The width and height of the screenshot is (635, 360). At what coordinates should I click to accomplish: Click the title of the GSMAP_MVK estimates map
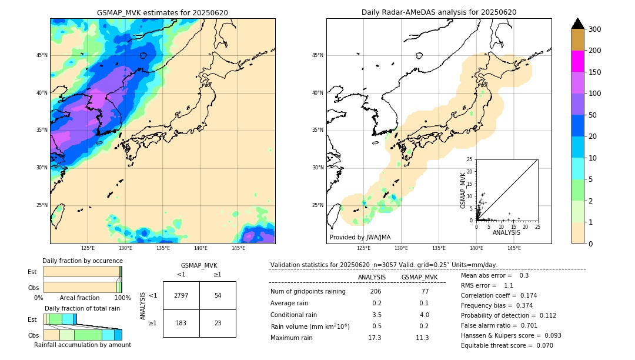[x=162, y=12]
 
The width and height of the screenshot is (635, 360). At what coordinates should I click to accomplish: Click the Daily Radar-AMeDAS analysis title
[x=439, y=12]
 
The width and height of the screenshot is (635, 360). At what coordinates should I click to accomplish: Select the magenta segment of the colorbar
[x=578, y=61]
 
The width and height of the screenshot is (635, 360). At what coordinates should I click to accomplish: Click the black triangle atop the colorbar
[x=578, y=24]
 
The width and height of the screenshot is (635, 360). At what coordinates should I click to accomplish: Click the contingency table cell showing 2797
[x=181, y=295]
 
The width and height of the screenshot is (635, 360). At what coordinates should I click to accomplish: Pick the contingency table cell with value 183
[x=181, y=323]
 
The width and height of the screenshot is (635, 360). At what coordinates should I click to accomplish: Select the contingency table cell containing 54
[x=218, y=295]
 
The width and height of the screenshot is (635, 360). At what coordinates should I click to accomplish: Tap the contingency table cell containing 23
[x=218, y=323]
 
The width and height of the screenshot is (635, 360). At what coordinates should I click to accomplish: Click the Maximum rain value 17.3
[x=375, y=338]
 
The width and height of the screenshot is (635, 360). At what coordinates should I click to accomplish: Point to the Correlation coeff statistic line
[x=499, y=295]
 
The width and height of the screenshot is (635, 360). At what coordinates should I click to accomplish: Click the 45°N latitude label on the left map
[x=42, y=55]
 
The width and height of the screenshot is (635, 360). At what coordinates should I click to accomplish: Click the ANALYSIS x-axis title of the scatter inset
[x=506, y=233]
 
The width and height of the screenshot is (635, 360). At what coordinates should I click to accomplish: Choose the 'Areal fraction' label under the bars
[x=79, y=298]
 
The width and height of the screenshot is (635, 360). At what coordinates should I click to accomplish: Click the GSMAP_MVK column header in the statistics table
[x=419, y=278]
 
